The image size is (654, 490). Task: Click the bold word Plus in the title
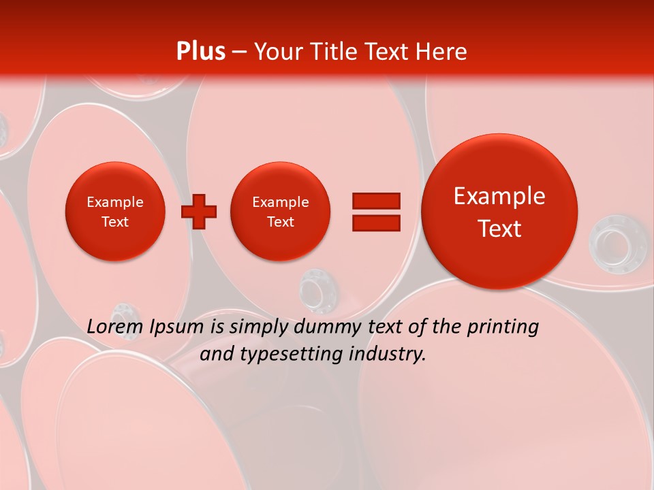200,52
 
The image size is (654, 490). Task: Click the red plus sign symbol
199,212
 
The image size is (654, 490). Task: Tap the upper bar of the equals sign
375,201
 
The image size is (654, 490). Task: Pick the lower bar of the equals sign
375,223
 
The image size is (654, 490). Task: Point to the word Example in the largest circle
499,196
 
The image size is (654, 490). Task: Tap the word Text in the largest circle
499,229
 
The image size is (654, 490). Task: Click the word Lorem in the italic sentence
116,327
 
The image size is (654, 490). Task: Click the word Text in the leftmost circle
115,222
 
